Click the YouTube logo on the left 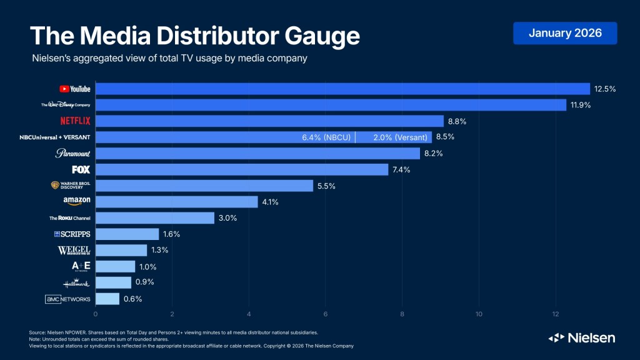click(75, 89)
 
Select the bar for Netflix click(269, 121)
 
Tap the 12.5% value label click(605, 89)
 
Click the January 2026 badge click(565, 33)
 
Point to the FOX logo click(81, 169)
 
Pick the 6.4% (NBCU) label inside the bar click(322, 137)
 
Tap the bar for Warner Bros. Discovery click(204, 186)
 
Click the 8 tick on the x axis click(402, 314)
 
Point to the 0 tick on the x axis click(96, 314)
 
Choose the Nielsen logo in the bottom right click(581, 338)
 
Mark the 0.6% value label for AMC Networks click(132, 299)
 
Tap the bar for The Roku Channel click(154, 218)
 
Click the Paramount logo click(73, 153)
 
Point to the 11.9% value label click(581, 105)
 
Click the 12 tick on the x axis click(556, 314)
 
